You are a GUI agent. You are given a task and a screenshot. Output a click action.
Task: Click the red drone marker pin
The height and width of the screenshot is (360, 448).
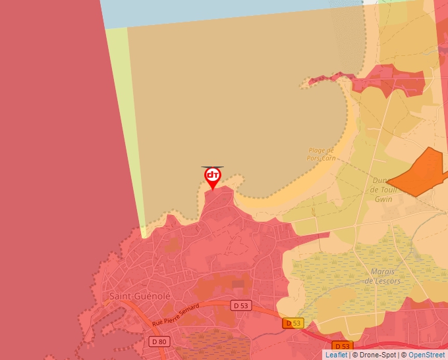213,178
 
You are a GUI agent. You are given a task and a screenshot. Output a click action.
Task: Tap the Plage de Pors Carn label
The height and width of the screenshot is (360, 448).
322,154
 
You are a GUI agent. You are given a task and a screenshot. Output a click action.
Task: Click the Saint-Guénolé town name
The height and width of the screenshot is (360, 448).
140,296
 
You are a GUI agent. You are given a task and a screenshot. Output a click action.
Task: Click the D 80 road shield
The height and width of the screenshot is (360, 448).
159,341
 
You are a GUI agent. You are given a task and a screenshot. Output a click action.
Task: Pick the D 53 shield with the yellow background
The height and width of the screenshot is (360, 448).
293,323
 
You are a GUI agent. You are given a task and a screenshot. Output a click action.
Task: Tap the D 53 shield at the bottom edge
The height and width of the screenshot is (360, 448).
342,346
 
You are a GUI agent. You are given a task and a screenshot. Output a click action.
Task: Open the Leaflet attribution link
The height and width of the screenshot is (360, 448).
336,355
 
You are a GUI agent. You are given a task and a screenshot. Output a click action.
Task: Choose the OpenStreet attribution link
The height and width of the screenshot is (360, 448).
428,355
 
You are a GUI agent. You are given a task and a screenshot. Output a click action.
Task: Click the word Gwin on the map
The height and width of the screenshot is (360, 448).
383,199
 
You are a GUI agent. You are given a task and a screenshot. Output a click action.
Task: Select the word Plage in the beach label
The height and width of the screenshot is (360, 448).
318,150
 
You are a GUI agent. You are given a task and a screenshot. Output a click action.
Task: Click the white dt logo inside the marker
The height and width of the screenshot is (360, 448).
213,175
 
